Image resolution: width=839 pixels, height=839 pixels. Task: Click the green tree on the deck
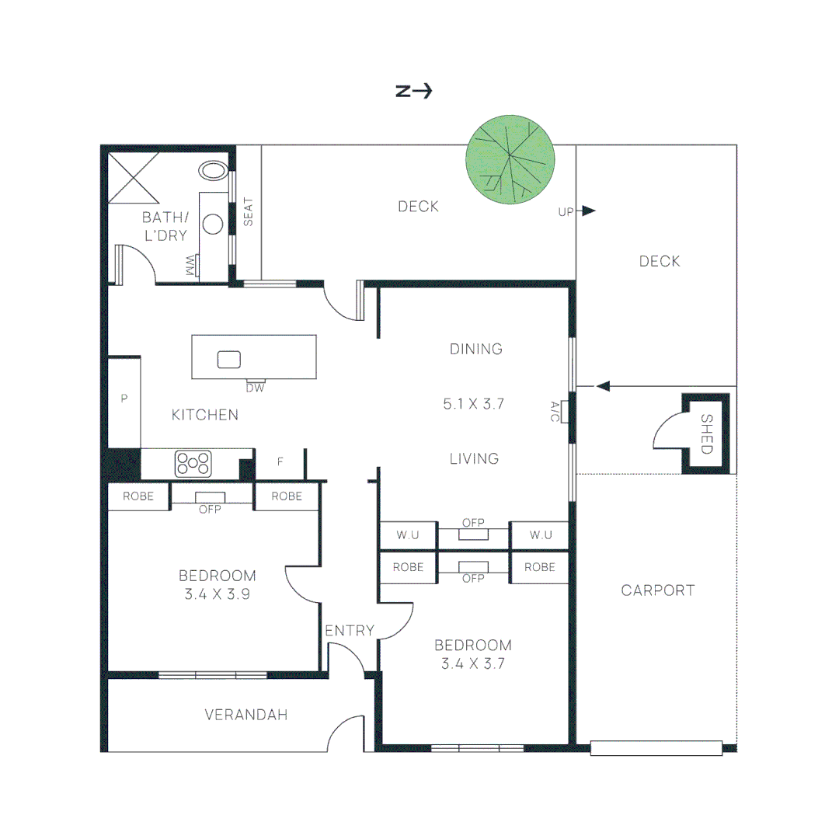(x=510, y=161)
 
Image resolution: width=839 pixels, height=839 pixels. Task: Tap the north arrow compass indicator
(x=413, y=91)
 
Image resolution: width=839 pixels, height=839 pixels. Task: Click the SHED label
(x=706, y=433)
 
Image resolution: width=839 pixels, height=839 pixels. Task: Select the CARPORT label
(x=657, y=590)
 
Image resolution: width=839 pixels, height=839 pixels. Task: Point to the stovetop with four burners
(x=193, y=463)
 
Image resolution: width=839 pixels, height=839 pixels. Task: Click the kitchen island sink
(x=228, y=359)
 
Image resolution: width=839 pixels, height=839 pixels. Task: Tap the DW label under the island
(x=255, y=388)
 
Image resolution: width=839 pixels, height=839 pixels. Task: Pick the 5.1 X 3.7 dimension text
(x=474, y=404)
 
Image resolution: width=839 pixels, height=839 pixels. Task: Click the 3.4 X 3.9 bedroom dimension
(x=218, y=594)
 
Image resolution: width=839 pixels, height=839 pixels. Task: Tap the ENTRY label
(x=350, y=631)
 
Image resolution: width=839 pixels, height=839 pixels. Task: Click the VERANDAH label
(x=246, y=715)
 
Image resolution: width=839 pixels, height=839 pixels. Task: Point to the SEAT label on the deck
(x=249, y=212)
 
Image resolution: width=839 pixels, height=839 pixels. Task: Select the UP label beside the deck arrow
(x=566, y=211)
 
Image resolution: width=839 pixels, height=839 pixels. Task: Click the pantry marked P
(x=124, y=399)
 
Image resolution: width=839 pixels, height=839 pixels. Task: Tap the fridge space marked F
(x=280, y=462)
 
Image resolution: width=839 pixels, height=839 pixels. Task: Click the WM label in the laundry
(x=190, y=265)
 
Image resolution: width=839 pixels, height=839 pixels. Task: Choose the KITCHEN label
(x=205, y=415)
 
